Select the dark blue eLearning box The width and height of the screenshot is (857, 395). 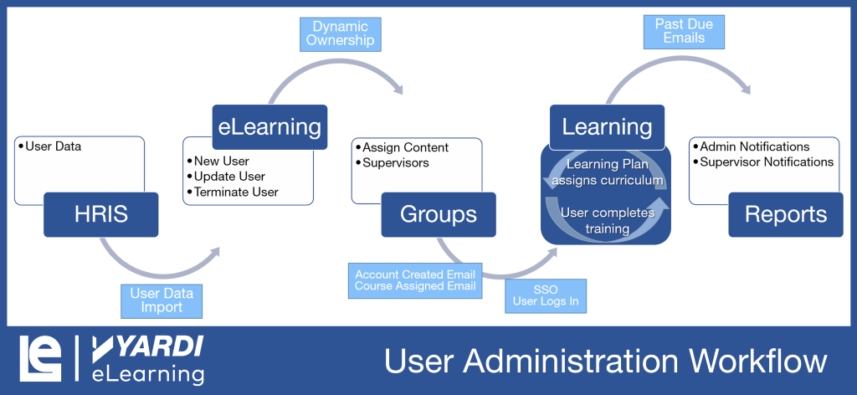click(269, 127)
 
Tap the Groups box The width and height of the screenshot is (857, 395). click(438, 214)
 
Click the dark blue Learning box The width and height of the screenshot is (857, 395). click(607, 127)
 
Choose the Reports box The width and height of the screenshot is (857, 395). click(785, 214)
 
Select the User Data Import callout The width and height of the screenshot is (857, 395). click(162, 300)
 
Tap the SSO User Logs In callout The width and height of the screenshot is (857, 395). click(545, 295)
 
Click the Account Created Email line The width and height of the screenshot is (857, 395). click(414, 274)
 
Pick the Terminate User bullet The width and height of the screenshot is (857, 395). click(236, 192)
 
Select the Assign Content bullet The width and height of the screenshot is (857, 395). click(405, 147)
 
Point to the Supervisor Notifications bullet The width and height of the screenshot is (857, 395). click(767, 162)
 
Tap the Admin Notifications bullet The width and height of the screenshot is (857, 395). click(754, 146)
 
